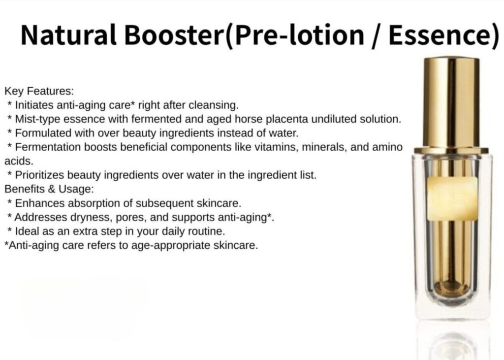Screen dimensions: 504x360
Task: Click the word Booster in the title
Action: pos(175,35)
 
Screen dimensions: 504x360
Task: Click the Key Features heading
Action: pos(39,91)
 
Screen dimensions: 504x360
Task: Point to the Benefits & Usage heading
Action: pos(49,189)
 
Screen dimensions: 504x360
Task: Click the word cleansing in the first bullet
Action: pos(214,105)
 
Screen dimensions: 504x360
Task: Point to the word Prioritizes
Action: pos(40,175)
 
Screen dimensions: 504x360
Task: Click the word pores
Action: pos(129,218)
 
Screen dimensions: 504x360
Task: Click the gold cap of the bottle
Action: pos(451,103)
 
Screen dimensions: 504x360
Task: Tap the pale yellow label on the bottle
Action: pos(452,198)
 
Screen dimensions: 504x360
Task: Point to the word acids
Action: pos(19,161)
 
